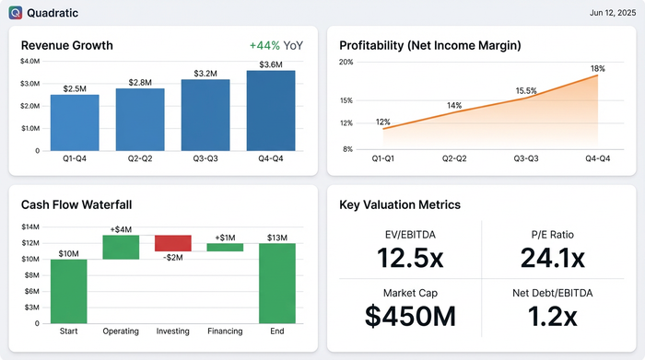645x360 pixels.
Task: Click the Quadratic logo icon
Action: pos(16,13)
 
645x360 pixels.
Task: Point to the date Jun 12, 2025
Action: pos(609,13)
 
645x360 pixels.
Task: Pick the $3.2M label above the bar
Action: pos(205,72)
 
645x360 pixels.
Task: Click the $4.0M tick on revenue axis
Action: pos(29,62)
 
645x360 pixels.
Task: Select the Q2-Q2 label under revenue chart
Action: pos(140,159)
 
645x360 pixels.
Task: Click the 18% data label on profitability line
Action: pos(597,68)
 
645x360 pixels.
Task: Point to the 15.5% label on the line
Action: pos(526,90)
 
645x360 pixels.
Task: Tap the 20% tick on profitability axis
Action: pos(346,62)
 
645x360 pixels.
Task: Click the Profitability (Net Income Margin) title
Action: pos(430,45)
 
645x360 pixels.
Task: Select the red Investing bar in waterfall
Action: pos(173,243)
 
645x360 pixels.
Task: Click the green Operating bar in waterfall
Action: pos(121,247)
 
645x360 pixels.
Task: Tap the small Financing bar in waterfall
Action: pos(225,247)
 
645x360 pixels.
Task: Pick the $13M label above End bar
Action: pos(277,237)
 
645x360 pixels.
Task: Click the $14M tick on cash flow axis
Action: pos(29,226)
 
